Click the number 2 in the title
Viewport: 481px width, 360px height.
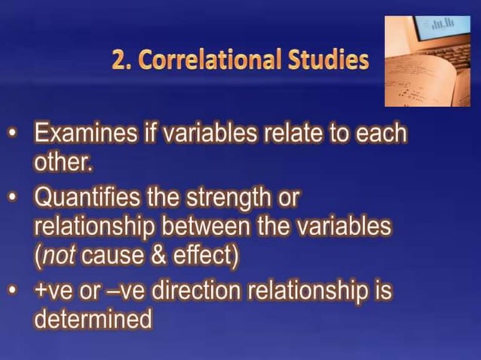[118, 59]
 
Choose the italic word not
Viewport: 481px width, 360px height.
[58, 256]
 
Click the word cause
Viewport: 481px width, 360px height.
[113, 256]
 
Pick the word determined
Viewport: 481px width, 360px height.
[93, 319]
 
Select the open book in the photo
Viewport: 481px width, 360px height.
[422, 83]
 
